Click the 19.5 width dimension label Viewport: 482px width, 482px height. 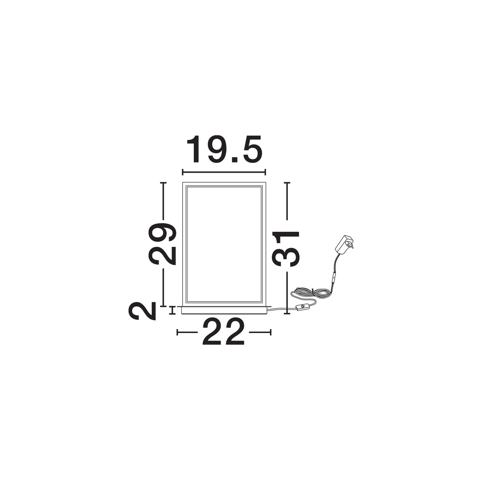click(x=225, y=149)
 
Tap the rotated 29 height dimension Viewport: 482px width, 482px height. click(x=162, y=244)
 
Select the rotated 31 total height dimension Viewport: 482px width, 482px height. click(x=286, y=249)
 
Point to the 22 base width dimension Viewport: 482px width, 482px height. click(x=224, y=332)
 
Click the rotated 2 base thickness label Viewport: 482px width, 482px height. click(x=142, y=311)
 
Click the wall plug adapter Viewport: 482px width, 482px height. click(x=344, y=244)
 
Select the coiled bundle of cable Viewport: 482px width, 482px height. click(x=311, y=292)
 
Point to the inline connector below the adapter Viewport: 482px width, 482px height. click(x=333, y=278)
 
